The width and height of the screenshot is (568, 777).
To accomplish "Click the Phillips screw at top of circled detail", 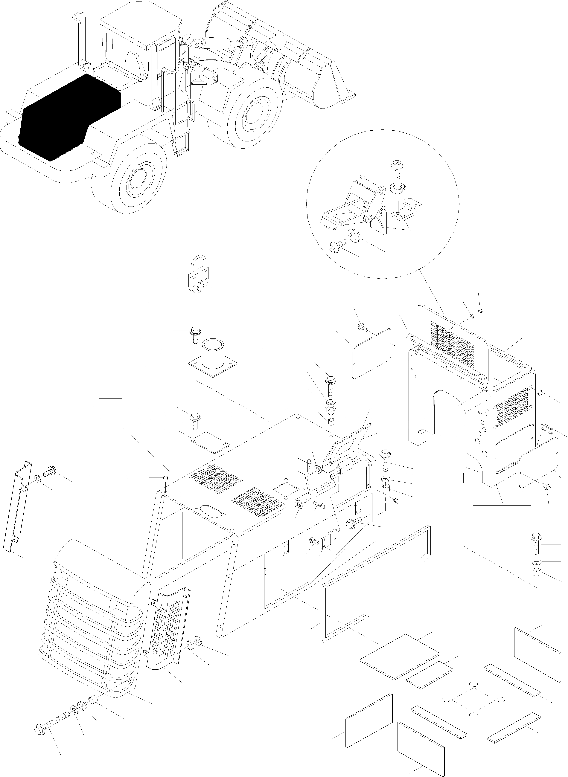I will point(396,170).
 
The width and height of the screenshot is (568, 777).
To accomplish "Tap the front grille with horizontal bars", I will point(93,619).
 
